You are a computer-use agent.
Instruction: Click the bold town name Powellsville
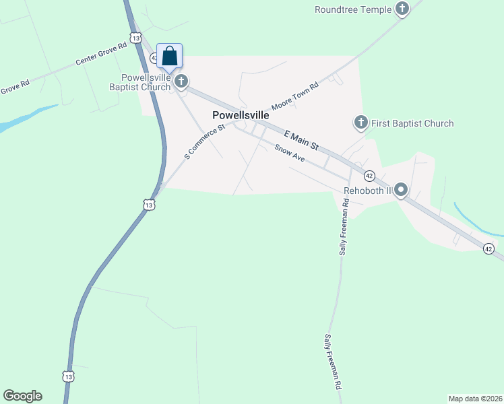click(241, 115)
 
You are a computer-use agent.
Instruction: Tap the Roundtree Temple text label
click(352, 9)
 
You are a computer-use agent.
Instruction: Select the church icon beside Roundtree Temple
click(402, 9)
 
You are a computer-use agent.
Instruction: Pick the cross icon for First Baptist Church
click(360, 123)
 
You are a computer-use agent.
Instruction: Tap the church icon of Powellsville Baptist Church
click(181, 81)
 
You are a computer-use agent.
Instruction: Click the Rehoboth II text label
click(367, 191)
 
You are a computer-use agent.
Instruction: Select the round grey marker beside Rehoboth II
click(401, 190)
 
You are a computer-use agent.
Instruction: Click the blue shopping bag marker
click(170, 56)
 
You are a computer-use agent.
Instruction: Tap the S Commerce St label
click(203, 142)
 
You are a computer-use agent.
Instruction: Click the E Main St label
click(301, 141)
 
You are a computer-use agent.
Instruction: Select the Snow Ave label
click(290, 154)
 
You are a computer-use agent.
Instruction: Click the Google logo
click(22, 396)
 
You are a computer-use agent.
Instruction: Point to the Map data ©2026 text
click(475, 398)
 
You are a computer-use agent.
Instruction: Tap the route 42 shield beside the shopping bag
click(154, 59)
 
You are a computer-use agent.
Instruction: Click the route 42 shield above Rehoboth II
click(369, 176)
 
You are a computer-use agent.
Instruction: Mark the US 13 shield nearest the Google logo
click(67, 376)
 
